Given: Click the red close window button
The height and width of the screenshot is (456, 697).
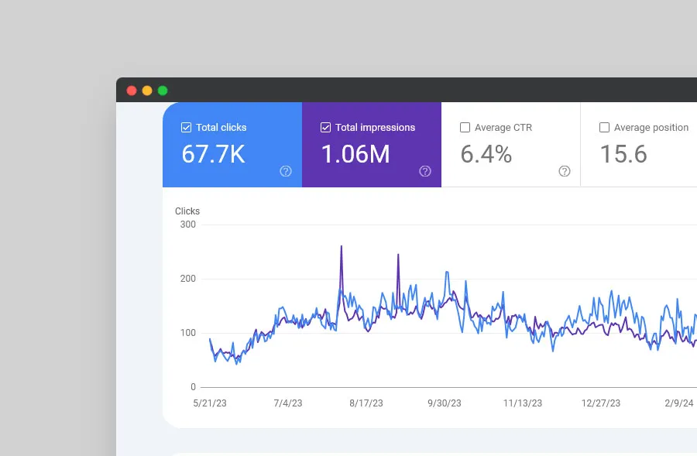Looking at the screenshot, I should [132, 91].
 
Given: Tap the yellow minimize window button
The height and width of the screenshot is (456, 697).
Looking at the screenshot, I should [147, 91].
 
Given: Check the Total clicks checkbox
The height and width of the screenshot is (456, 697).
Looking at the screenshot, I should [186, 128].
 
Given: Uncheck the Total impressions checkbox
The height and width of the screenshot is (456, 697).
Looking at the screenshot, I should [325, 128].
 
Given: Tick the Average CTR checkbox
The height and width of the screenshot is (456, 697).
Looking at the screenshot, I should [465, 128].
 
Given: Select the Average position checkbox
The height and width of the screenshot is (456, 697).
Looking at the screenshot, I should [604, 128].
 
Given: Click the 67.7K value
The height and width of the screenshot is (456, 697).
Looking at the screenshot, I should [213, 154].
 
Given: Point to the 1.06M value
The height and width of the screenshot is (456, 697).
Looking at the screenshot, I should [355, 154].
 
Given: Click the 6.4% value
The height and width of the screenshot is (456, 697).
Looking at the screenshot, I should [486, 154].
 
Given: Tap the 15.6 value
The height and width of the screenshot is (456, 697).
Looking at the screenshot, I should [623, 154].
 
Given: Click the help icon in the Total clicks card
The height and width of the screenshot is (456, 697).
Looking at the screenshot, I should [286, 171].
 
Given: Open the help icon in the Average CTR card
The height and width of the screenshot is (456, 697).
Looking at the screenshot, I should [565, 171].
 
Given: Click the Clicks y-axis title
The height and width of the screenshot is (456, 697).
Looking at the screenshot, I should [187, 211].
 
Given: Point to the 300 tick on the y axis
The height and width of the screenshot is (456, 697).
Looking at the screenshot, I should [187, 225].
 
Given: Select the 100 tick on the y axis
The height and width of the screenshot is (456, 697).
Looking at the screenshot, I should [187, 333].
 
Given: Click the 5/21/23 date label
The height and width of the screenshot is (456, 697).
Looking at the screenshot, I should [210, 403].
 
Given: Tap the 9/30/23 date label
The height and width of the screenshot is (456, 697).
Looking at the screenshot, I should [444, 403].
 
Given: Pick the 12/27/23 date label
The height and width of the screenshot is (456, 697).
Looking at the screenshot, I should [601, 403].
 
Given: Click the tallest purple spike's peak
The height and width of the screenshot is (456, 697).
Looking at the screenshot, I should [342, 247].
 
